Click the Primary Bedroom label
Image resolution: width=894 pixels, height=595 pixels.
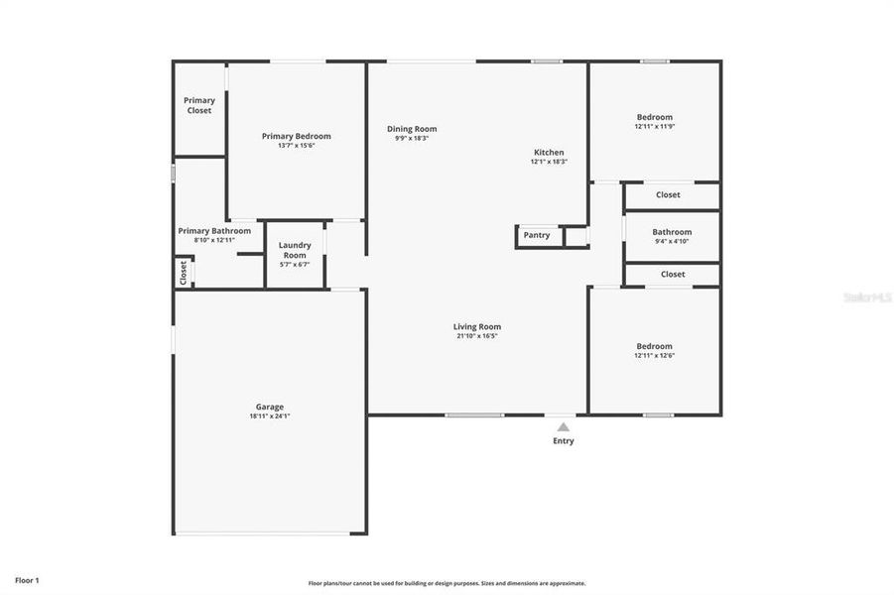(296, 136)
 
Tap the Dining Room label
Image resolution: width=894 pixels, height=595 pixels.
(412, 129)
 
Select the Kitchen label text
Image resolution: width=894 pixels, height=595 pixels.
(548, 153)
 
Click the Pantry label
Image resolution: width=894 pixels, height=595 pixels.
(537, 235)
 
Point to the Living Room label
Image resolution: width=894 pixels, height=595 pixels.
(477, 326)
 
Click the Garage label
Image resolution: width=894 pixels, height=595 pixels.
(270, 407)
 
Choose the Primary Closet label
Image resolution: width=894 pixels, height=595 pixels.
(199, 105)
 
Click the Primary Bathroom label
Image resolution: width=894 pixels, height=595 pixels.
(214, 231)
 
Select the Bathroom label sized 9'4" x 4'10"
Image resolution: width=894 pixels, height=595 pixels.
(672, 232)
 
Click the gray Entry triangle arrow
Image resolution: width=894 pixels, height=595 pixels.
(563, 425)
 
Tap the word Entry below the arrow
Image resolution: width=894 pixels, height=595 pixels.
(563, 441)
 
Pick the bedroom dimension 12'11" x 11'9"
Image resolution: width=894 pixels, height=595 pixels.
(654, 127)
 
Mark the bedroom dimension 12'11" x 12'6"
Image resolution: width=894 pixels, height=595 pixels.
(654, 355)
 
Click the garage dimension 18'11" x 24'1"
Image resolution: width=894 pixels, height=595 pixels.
(270, 416)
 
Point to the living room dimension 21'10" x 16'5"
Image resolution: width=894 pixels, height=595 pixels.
(477, 336)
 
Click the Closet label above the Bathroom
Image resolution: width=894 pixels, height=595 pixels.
(668, 195)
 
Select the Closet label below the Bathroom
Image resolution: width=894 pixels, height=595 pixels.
(673, 275)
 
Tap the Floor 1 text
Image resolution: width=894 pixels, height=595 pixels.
(28, 579)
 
